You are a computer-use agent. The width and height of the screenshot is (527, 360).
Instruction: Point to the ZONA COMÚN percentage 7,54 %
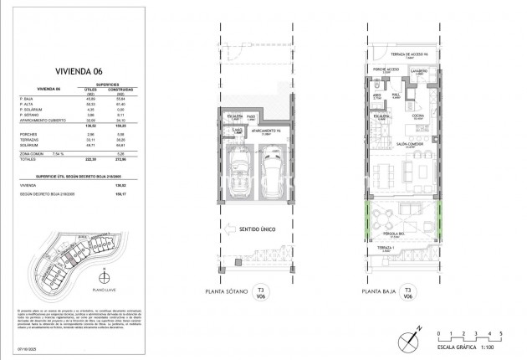tap(58, 152)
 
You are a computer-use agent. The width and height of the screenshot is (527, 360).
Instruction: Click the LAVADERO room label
tap(418, 72)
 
